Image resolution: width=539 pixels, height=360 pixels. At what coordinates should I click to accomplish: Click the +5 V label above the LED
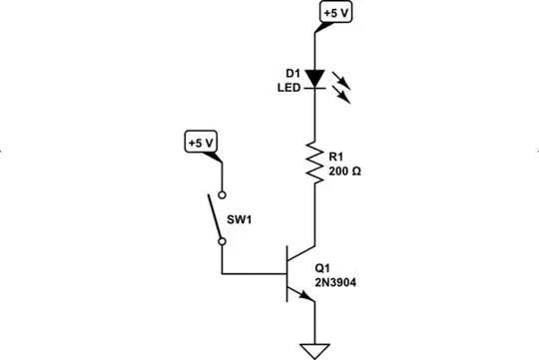click(335, 13)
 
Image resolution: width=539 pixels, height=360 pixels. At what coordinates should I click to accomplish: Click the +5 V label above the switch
click(201, 142)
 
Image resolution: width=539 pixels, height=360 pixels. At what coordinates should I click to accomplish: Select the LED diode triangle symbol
click(315, 78)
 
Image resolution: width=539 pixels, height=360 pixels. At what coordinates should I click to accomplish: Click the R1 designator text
click(336, 157)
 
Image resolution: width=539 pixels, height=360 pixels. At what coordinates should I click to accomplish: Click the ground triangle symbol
click(315, 349)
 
